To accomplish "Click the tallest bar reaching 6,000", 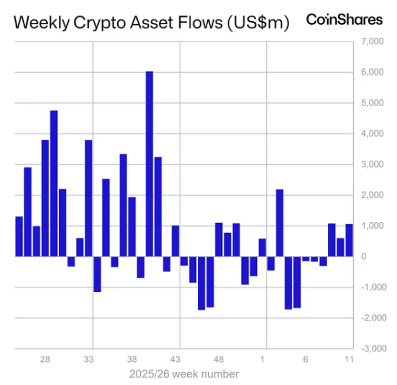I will (149, 164).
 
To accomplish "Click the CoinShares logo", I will (344, 20).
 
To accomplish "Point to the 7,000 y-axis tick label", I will (370, 42).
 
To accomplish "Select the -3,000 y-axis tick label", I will (369, 348).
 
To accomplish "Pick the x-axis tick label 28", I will (45, 360).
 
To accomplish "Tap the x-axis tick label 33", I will (88, 360).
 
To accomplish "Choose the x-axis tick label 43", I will (175, 360).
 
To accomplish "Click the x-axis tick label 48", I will (218, 360).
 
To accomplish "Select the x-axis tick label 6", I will (306, 360).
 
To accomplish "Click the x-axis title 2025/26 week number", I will (184, 374).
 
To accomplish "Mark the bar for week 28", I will (45, 198).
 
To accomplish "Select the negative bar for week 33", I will (97, 274).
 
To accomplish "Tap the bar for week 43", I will (175, 241).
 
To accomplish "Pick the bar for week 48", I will (218, 240).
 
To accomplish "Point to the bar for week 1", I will (262, 248).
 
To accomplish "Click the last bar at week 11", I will (349, 240).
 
